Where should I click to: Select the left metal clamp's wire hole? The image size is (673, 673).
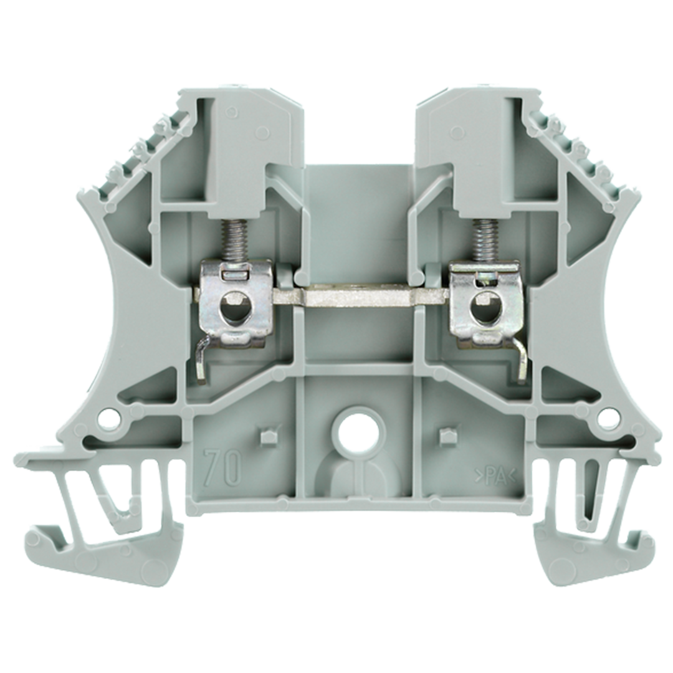pos(234,306)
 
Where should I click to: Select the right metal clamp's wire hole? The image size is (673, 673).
pos(485,306)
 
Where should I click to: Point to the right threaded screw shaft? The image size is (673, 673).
pos(482,239)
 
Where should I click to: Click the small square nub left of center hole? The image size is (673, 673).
pos(269,437)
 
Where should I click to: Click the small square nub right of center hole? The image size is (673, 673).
pos(446,437)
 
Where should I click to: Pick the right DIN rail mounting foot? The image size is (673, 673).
pos(592,530)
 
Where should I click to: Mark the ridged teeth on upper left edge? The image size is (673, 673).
pos(143,156)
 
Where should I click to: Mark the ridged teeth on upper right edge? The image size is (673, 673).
pos(576,156)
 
